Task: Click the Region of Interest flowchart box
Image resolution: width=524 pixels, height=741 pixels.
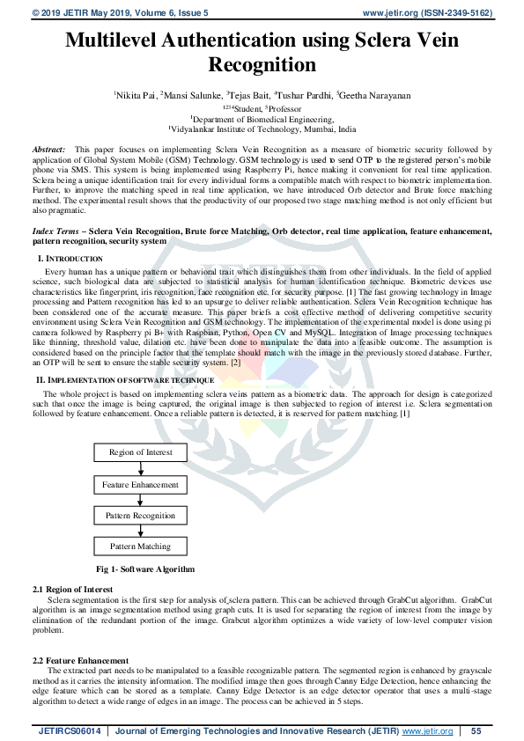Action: (x=141, y=452)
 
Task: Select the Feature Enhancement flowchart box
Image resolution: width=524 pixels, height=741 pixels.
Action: (x=141, y=485)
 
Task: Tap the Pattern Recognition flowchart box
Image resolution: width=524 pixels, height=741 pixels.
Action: (x=141, y=516)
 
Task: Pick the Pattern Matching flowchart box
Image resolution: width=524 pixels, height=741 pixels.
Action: (x=141, y=547)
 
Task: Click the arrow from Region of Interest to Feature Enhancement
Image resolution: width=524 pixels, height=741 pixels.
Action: (x=141, y=468)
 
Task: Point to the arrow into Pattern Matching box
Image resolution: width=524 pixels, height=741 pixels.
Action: (x=141, y=531)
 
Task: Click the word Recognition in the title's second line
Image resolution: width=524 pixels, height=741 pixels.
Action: (x=262, y=64)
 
